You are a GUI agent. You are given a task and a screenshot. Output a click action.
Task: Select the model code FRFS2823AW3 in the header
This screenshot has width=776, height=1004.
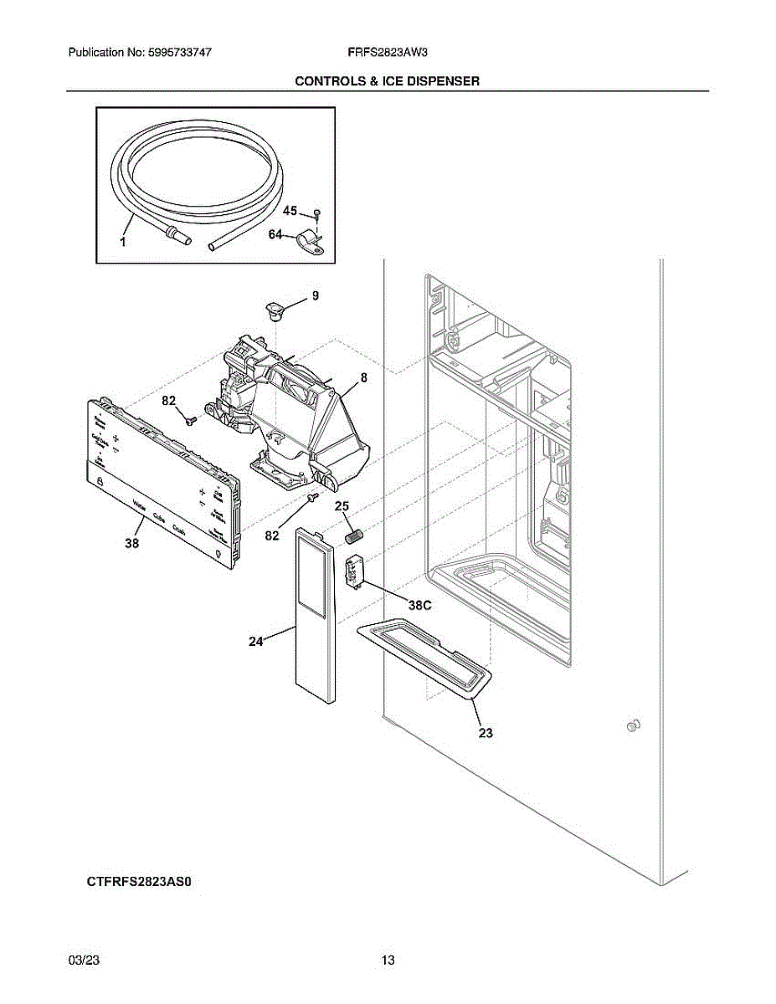(388, 52)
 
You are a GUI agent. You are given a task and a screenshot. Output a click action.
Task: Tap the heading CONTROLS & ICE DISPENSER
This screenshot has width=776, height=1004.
(387, 81)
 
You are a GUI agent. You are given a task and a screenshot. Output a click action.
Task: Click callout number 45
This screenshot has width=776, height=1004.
(290, 212)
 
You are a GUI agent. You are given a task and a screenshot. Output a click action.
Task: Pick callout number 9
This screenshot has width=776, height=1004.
(315, 295)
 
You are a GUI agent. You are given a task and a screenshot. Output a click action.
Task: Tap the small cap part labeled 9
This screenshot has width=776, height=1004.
(274, 309)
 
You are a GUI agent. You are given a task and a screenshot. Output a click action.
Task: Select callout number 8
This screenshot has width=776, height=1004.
(364, 378)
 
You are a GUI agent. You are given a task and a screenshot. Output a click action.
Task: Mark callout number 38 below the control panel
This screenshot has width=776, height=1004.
(131, 544)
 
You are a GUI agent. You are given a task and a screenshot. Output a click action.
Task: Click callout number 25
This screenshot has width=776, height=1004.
(342, 506)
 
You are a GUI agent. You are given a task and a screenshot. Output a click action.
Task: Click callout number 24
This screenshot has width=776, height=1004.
(256, 642)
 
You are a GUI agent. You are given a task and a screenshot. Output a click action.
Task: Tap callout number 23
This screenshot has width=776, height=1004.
(486, 733)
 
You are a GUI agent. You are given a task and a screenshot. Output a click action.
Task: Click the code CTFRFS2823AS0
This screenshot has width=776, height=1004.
(144, 882)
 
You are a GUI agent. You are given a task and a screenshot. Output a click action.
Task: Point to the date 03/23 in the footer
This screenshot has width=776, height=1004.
(80, 960)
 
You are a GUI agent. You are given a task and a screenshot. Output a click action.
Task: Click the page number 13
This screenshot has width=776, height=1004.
(388, 960)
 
